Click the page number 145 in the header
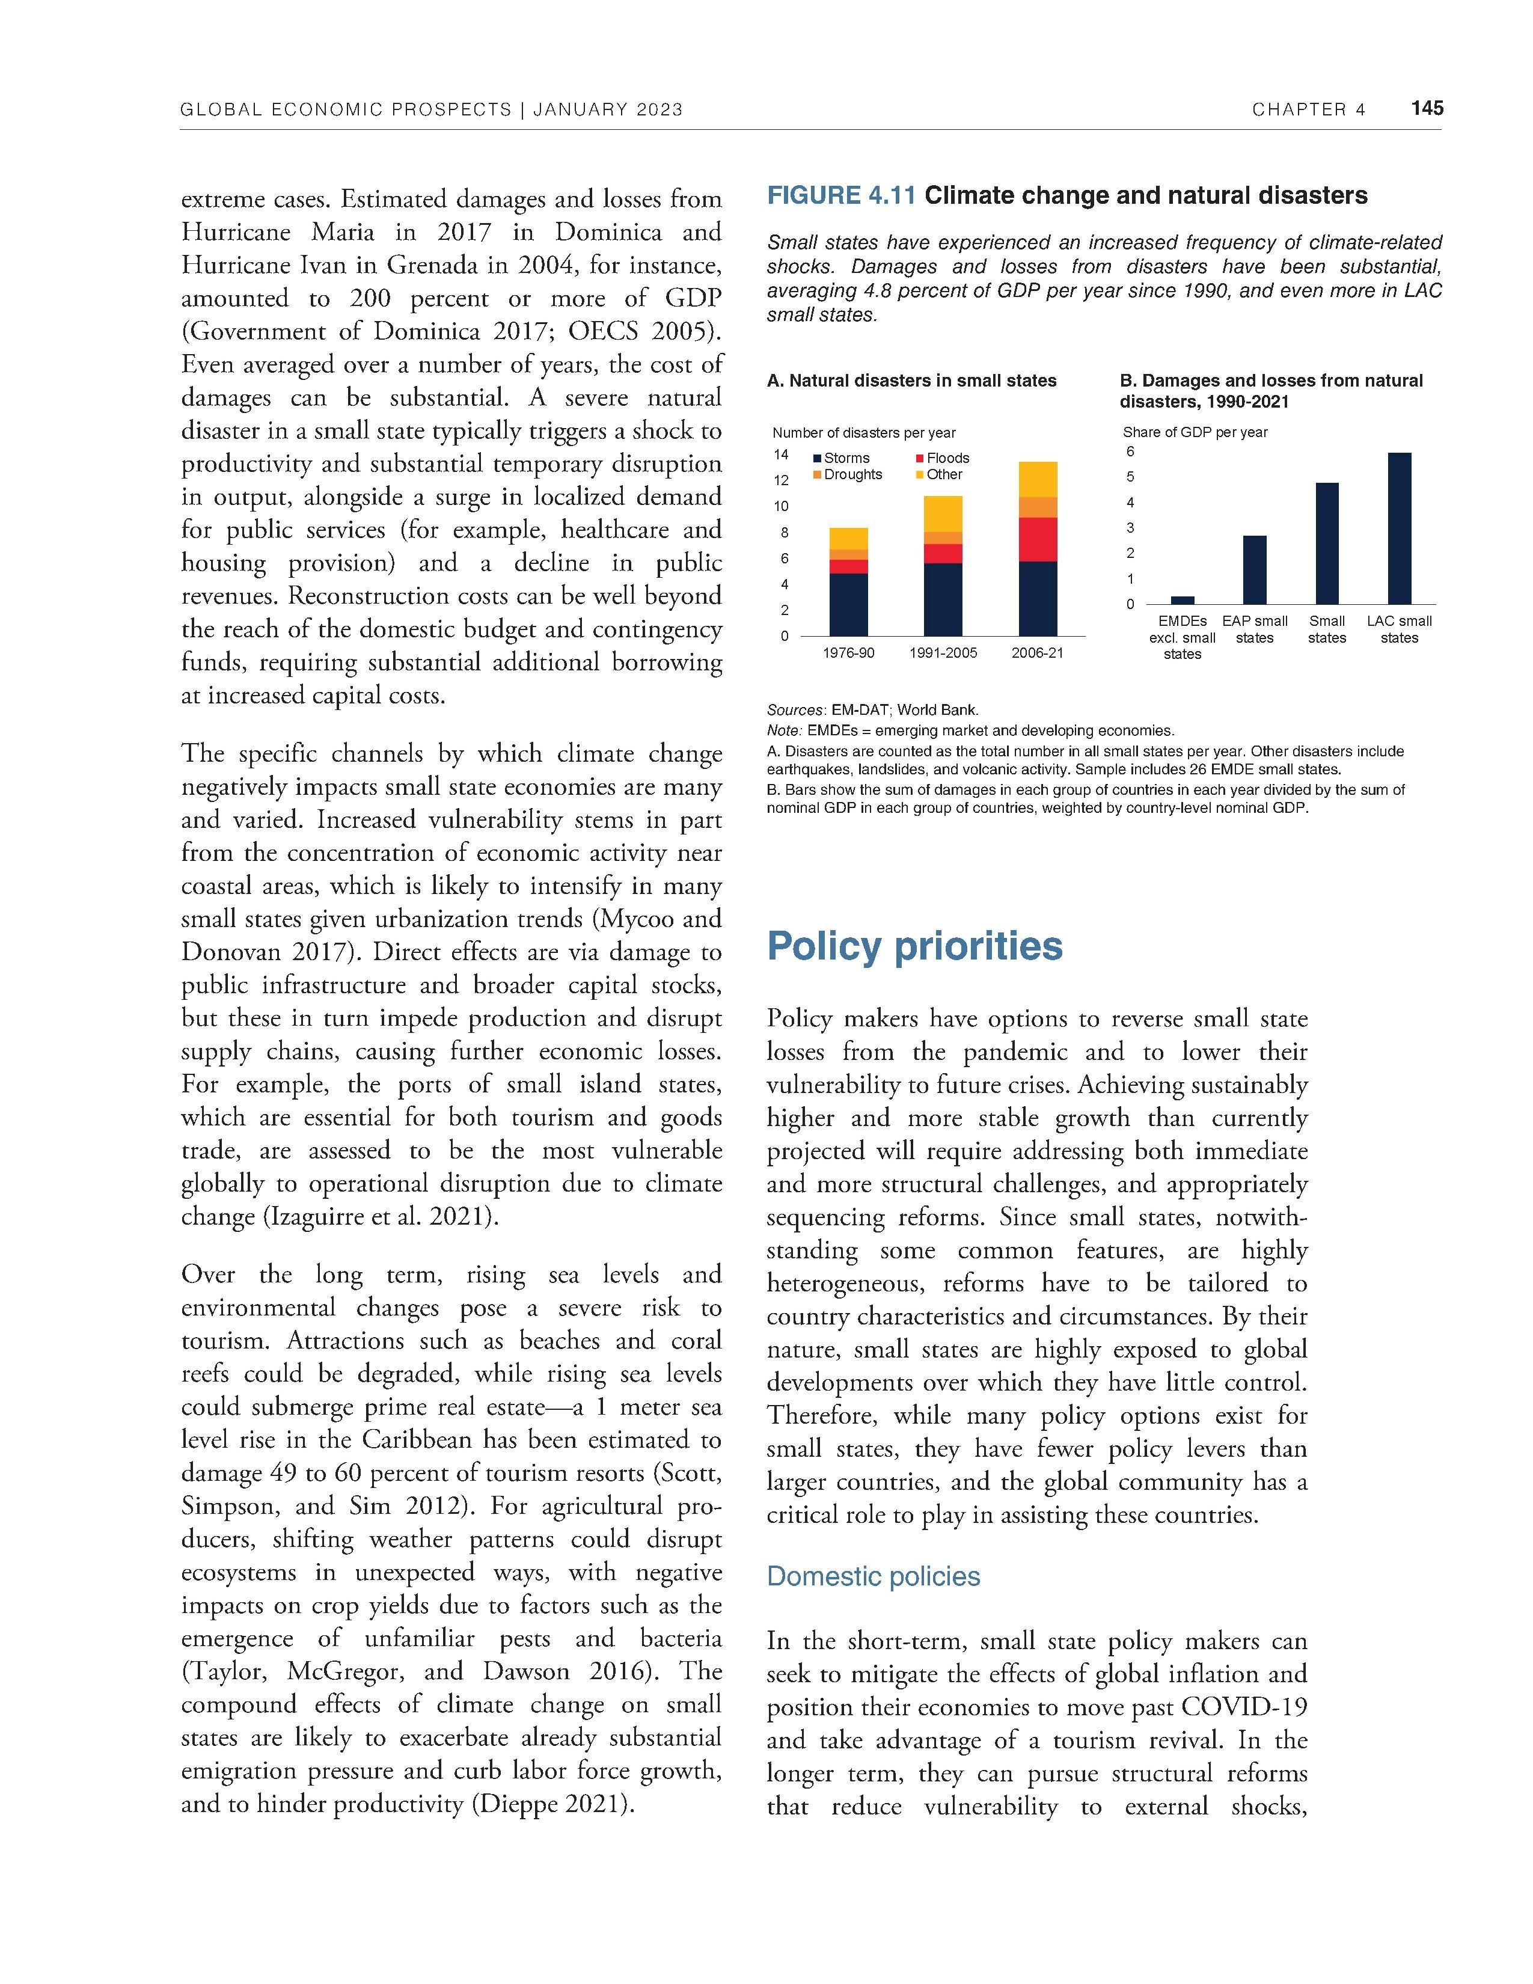click(x=1427, y=108)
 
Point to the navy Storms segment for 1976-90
click(x=848, y=604)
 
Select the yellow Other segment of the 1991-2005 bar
click(x=943, y=513)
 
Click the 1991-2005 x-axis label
click(x=943, y=652)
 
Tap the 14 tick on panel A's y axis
click(x=781, y=454)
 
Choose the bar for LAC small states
click(x=1400, y=528)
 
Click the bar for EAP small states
click(x=1255, y=569)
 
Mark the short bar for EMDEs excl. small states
click(x=1183, y=599)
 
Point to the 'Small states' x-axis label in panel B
click(x=1327, y=629)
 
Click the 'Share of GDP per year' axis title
click(x=1195, y=432)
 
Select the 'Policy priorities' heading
click(x=914, y=946)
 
